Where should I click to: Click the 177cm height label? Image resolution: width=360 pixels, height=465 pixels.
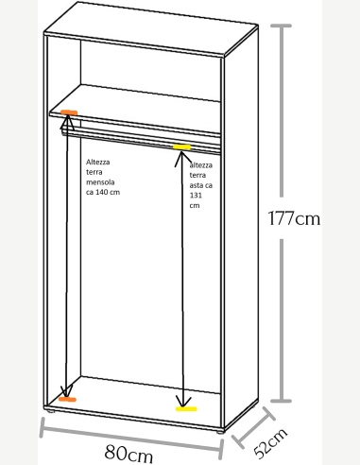pyautogui.click(x=294, y=218)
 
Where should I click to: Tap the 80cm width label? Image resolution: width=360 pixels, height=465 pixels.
pyautogui.click(x=129, y=454)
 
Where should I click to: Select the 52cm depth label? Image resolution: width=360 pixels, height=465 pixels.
pyautogui.click(x=270, y=442)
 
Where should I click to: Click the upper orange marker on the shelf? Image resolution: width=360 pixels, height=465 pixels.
pyautogui.click(x=69, y=112)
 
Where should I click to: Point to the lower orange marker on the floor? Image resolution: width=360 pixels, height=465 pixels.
pyautogui.click(x=67, y=400)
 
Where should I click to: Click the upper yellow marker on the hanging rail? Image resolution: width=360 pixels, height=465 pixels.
pyautogui.click(x=181, y=146)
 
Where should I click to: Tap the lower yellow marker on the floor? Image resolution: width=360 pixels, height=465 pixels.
pyautogui.click(x=186, y=409)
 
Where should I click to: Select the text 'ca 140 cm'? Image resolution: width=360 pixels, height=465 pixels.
pyautogui.click(x=103, y=192)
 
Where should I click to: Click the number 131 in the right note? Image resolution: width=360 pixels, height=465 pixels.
pyautogui.click(x=196, y=196)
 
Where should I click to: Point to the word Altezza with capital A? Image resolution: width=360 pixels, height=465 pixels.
pyautogui.click(x=98, y=162)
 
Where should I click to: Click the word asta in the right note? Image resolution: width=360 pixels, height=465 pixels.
pyautogui.click(x=197, y=185)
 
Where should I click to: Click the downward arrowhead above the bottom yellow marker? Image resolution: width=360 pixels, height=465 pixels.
pyautogui.click(x=183, y=401)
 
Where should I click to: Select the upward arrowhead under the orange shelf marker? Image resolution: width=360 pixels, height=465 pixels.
pyautogui.click(x=68, y=123)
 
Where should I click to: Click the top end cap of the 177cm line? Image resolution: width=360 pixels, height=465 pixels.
pyautogui.click(x=281, y=26)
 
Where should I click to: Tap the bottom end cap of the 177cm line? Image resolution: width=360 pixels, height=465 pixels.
pyautogui.click(x=281, y=401)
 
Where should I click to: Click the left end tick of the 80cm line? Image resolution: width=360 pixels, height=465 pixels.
pyautogui.click(x=42, y=427)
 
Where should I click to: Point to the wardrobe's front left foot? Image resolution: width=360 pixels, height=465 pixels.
pyautogui.click(x=50, y=411)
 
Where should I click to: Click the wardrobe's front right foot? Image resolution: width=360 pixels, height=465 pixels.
pyautogui.click(x=221, y=432)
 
